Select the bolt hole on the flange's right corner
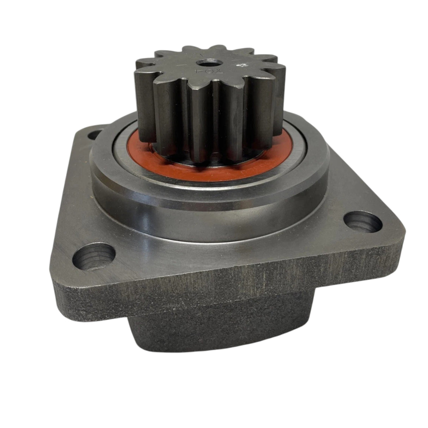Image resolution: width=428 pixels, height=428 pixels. tap(362, 224)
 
